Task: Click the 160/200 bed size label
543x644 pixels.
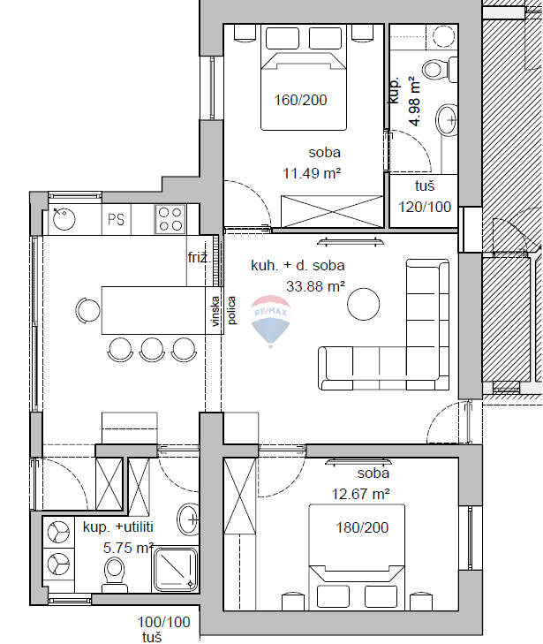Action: (300, 100)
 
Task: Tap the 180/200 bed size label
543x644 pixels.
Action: (363, 527)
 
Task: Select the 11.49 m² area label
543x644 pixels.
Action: (313, 173)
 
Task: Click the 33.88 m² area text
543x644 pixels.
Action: (315, 285)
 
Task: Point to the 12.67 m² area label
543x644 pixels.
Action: (361, 494)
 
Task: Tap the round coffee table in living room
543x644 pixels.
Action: (364, 305)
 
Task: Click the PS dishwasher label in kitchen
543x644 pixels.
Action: (117, 219)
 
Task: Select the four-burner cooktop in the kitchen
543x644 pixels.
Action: (170, 217)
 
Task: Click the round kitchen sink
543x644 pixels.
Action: (64, 217)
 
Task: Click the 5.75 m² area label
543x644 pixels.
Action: (129, 548)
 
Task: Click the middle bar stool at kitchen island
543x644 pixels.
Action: (152, 349)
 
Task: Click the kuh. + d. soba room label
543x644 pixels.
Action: (298, 265)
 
